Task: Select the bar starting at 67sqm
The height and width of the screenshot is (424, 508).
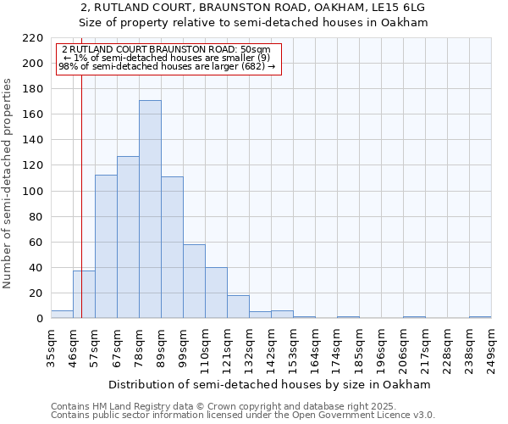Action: [x=128, y=237]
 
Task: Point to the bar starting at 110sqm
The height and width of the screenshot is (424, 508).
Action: [x=216, y=293]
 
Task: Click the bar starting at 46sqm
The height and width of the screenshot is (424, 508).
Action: [x=84, y=294]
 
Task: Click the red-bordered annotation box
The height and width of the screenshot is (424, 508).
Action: [x=167, y=59]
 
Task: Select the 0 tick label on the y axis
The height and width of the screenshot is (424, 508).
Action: [x=39, y=319]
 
